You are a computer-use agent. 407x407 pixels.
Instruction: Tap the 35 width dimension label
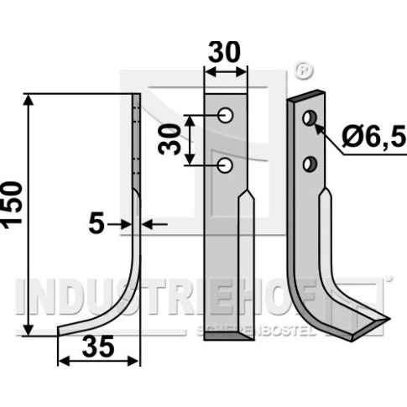click(98, 347)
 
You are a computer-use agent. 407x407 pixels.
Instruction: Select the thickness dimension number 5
click(97, 224)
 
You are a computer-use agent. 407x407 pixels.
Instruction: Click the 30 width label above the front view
click(224, 52)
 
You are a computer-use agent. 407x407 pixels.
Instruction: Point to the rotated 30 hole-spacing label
click(169, 139)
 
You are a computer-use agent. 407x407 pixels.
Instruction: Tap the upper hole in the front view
click(226, 115)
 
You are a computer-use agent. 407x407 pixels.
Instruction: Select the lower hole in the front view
click(225, 165)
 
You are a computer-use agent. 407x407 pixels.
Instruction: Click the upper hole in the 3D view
click(310, 118)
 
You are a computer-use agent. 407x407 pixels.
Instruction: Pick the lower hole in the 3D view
click(310, 164)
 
